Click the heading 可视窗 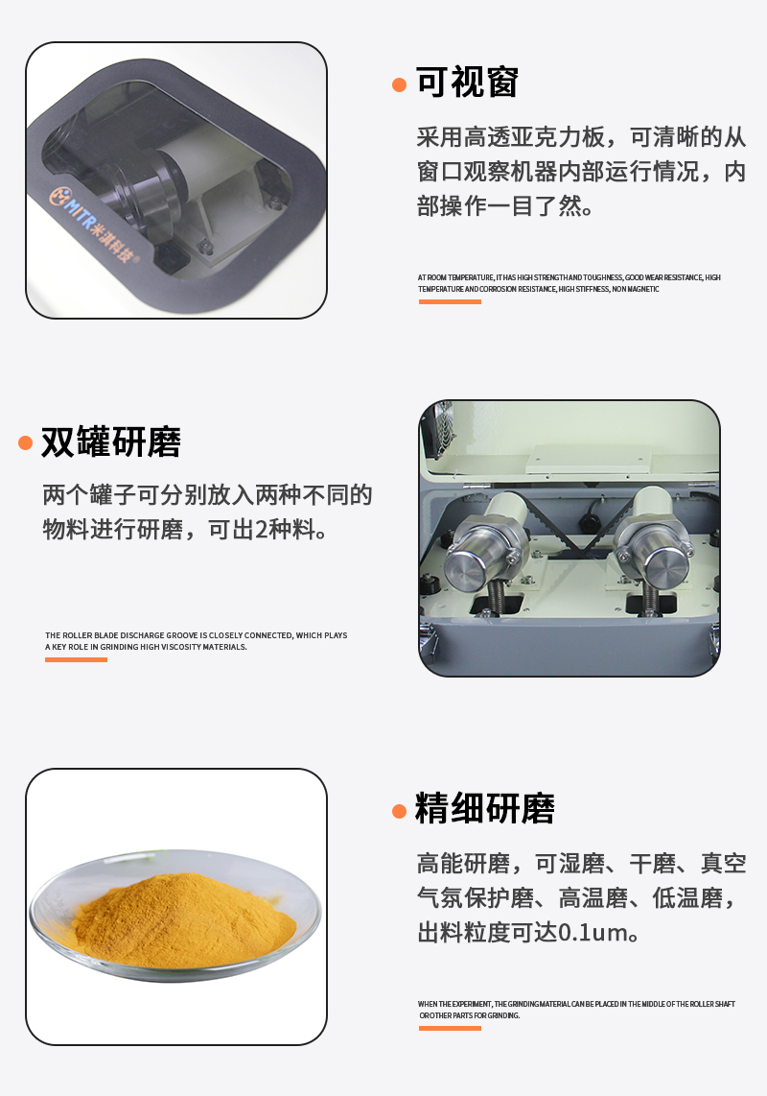click(x=467, y=83)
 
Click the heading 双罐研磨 click(x=110, y=442)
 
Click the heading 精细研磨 click(x=484, y=809)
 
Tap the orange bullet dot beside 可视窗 click(x=400, y=85)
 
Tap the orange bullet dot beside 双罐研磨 click(x=26, y=443)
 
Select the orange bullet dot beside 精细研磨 click(x=400, y=811)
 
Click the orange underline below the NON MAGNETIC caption click(x=450, y=301)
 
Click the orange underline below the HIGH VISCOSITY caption click(x=76, y=659)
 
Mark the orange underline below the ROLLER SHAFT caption click(x=450, y=1028)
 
